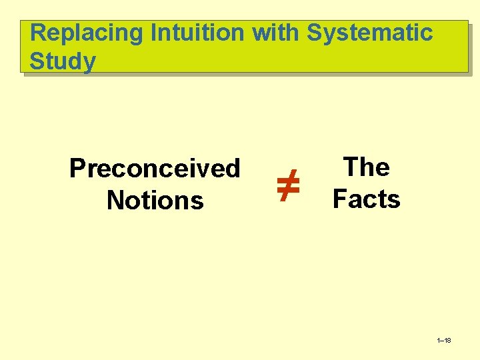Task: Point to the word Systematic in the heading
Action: tap(370, 33)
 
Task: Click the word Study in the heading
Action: tap(63, 61)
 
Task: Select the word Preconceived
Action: tap(155, 168)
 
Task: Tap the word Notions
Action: tap(155, 200)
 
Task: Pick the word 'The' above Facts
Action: tap(366, 167)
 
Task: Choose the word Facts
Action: tap(366, 199)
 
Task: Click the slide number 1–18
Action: tap(443, 341)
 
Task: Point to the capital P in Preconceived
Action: tap(77, 168)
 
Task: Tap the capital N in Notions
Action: tap(115, 200)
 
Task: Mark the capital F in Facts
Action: tap(339, 199)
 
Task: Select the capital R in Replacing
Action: tap(39, 33)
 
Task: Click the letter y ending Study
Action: tap(89, 63)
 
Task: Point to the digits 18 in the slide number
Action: tap(447, 341)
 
